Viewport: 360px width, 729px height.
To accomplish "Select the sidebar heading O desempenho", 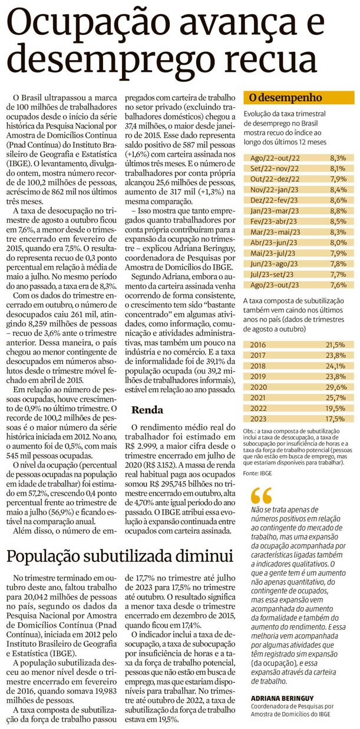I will (285, 98).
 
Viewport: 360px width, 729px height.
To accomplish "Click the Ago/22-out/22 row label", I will (275, 158).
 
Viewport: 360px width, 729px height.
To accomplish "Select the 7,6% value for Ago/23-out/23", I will (338, 285).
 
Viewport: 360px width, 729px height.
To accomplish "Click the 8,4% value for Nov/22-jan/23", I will (338, 190).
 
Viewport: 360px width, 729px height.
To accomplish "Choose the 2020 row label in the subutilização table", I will (258, 386).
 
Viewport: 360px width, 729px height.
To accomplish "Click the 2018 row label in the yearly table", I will (258, 365).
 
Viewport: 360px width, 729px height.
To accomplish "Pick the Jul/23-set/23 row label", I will (273, 274).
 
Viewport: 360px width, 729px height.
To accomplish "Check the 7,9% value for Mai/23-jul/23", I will (338, 253).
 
